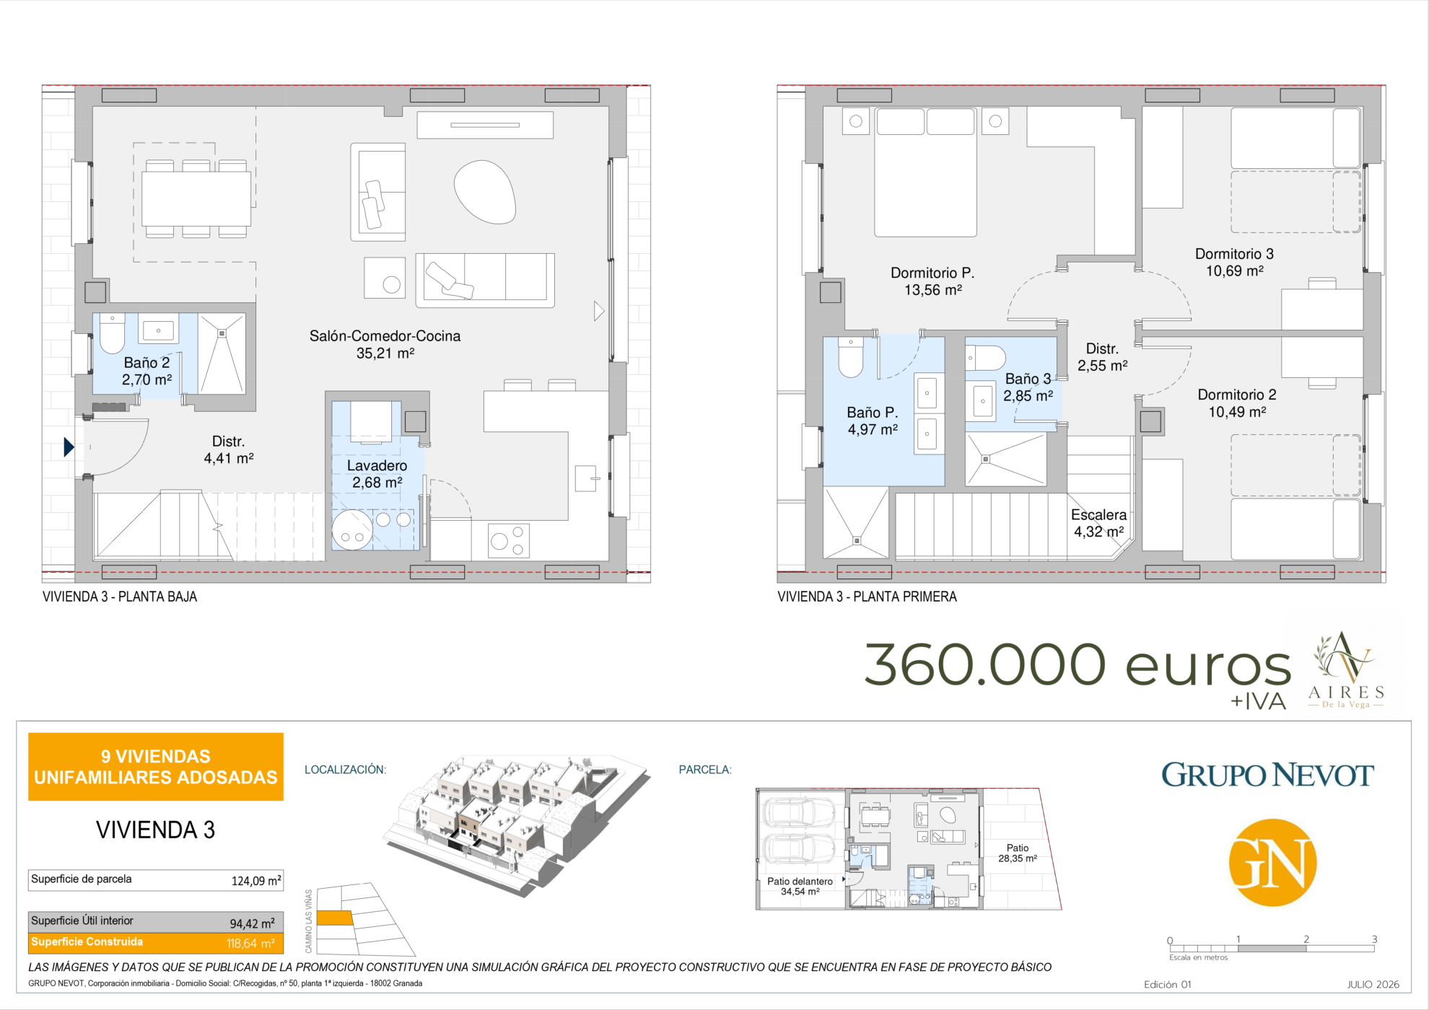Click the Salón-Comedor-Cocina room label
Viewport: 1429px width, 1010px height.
coord(385,336)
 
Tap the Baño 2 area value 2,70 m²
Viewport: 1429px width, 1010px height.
coord(147,380)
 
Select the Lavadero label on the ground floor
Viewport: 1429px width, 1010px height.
coord(377,466)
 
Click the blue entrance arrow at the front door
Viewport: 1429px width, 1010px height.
coord(69,447)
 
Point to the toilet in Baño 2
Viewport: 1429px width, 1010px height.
coord(112,333)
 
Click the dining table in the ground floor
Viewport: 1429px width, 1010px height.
coord(196,199)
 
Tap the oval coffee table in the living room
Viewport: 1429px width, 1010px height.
coord(485,191)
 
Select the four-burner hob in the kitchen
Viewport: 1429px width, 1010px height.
coord(509,540)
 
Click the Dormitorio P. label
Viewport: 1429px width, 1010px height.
coord(932,273)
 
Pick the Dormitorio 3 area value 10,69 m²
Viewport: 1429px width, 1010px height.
coord(1235,271)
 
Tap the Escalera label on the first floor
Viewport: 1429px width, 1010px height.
coord(1098,515)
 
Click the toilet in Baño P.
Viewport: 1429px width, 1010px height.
coord(851,357)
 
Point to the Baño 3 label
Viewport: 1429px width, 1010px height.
coord(1028,379)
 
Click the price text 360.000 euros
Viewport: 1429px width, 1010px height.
coord(1077,664)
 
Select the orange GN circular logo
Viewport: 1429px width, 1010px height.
coord(1272,863)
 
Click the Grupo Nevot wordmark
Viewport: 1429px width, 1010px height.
coord(1267,775)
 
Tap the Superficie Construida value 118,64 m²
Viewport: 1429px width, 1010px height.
coord(250,944)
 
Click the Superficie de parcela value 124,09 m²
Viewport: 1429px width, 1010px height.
coord(255,881)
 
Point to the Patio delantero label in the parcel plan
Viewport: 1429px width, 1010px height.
coord(800,882)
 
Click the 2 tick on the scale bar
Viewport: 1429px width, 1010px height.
coord(1306,939)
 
